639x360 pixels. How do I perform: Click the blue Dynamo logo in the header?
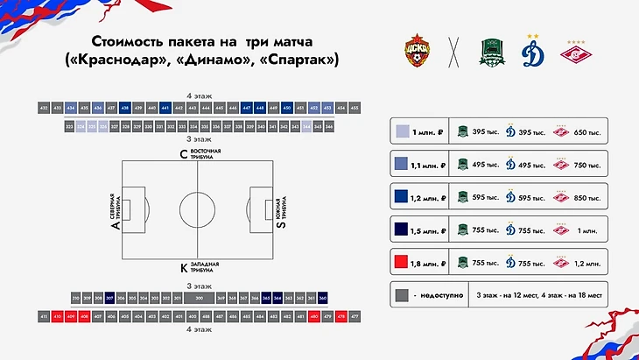tap(531, 52)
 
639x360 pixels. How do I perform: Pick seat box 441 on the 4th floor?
tap(165, 108)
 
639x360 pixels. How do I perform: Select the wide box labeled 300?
tap(200, 298)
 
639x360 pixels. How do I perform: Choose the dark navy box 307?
tap(110, 298)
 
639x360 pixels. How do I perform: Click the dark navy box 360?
tap(322, 298)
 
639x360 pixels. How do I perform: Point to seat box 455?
tap(354, 108)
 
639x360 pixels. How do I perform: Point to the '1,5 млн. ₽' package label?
tap(429, 229)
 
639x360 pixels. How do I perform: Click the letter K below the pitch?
tap(183, 265)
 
